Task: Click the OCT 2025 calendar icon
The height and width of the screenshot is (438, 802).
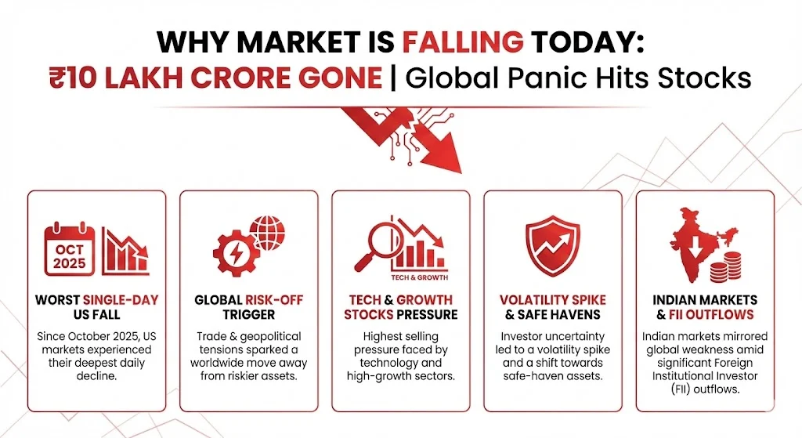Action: pyautogui.click(x=70, y=248)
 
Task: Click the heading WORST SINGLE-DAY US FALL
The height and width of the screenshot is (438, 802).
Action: pyautogui.click(x=96, y=307)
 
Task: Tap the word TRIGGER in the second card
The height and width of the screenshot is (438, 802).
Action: pyautogui.click(x=248, y=314)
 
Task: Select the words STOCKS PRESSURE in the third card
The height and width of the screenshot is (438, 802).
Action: pyautogui.click(x=400, y=314)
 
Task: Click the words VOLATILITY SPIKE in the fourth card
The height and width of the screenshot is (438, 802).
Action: pyautogui.click(x=553, y=300)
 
